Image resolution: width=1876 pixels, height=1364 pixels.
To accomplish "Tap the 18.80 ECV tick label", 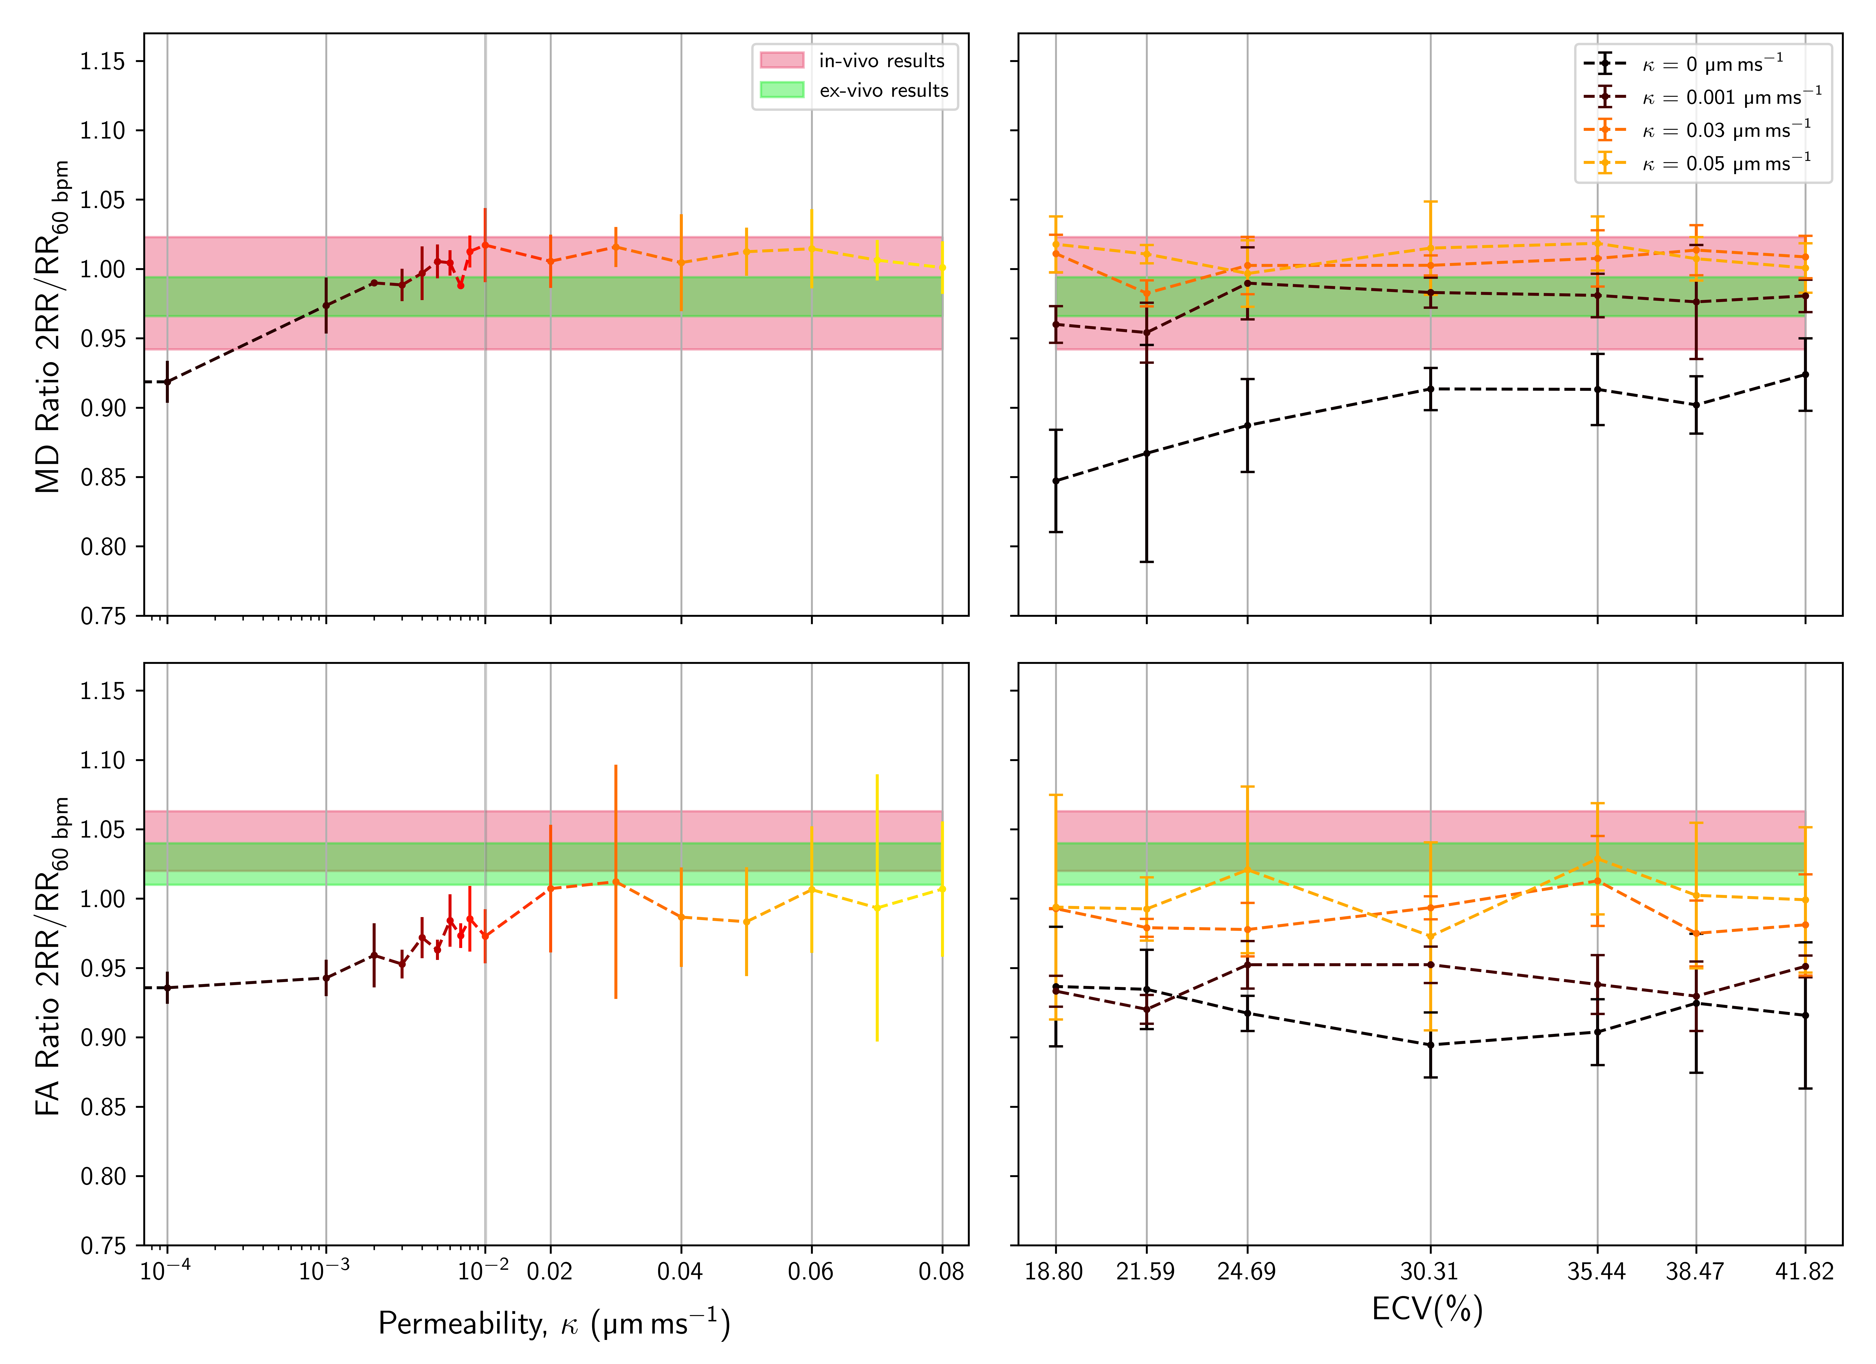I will (1054, 1271).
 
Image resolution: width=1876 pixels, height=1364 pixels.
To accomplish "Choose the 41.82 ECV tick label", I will (1804, 1271).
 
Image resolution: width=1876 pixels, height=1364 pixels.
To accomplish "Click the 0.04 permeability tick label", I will (680, 1271).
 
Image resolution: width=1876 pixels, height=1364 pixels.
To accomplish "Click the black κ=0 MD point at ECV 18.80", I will (1055, 481).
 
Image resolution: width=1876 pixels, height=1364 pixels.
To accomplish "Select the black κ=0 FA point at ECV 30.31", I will (1430, 1045).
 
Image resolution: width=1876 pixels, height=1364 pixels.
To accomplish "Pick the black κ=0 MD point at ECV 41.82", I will (1805, 375).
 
